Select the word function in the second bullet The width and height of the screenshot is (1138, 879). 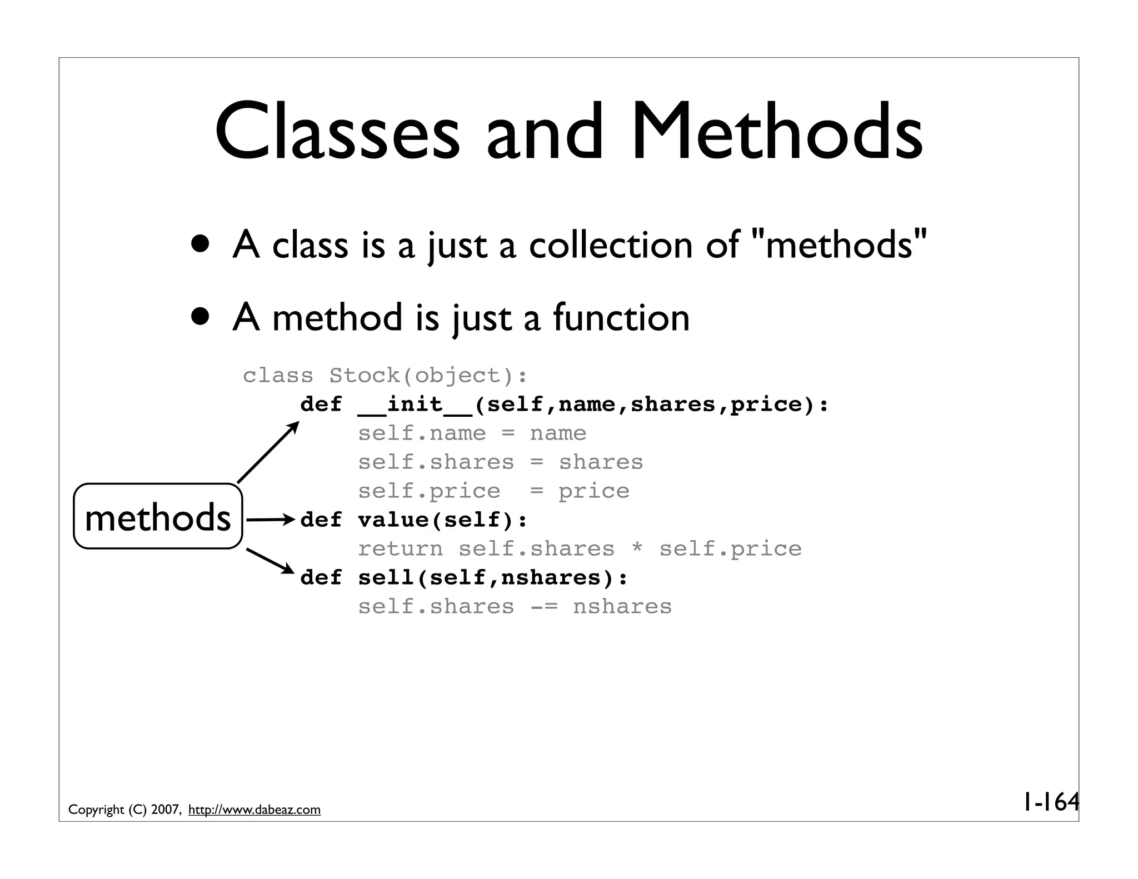pos(621,318)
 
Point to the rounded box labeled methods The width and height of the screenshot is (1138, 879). pos(158,517)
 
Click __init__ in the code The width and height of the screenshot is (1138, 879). pos(415,404)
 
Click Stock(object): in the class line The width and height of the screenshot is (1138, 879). pos(428,376)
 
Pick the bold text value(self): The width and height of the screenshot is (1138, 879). pos(442,520)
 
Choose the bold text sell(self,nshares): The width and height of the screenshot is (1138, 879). pos(492,578)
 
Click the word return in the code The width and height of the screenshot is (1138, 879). pos(400,549)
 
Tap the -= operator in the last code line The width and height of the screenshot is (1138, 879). pos(543,607)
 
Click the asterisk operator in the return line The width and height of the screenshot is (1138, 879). pos(637,548)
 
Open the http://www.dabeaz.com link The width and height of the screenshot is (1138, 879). pos(254,810)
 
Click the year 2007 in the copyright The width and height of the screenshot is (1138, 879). pos(165,810)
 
